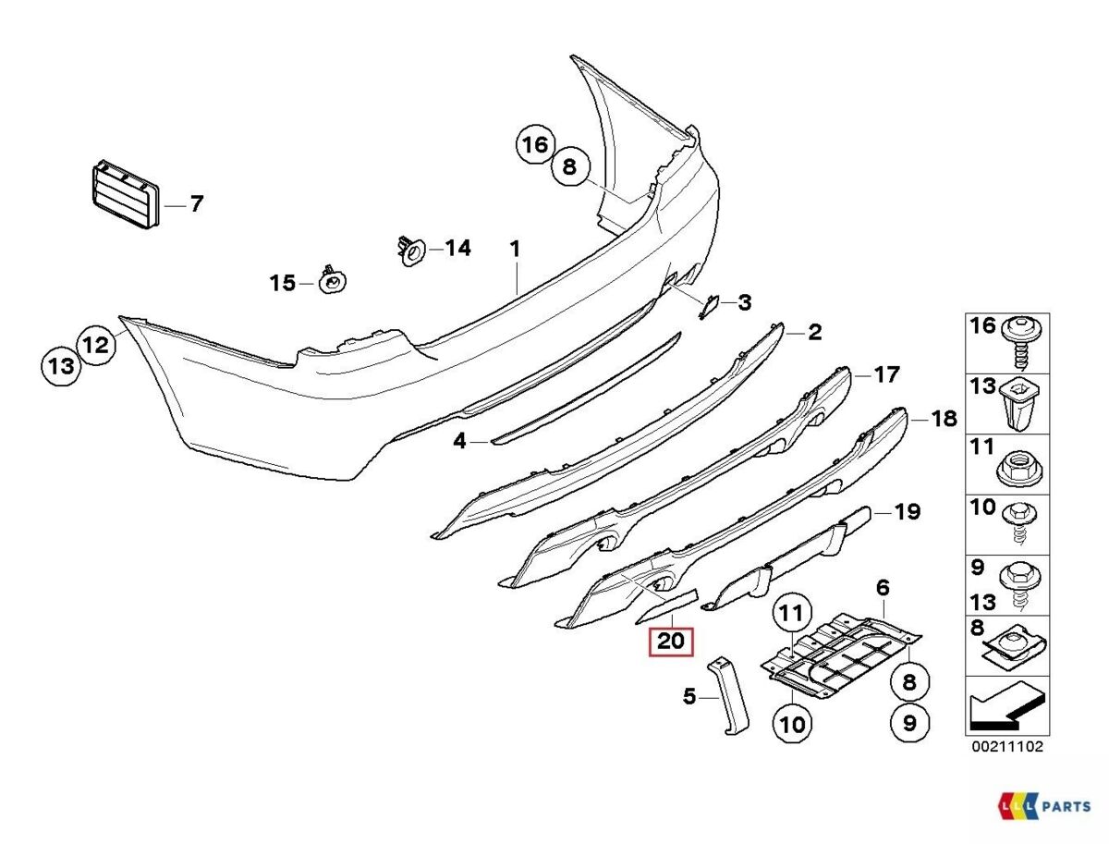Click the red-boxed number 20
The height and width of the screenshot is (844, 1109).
click(x=673, y=641)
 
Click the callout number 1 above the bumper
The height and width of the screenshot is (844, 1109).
click(x=516, y=249)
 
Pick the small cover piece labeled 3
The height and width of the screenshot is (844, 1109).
click(x=710, y=304)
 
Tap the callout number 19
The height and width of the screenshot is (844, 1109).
click(x=908, y=511)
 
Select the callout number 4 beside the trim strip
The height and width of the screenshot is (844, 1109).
click(x=459, y=442)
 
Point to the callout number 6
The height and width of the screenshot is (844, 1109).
click(x=883, y=588)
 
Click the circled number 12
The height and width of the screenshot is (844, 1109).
click(x=97, y=345)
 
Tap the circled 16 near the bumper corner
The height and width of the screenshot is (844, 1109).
click(x=535, y=145)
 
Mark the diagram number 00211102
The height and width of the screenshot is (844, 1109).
click(x=1006, y=746)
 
